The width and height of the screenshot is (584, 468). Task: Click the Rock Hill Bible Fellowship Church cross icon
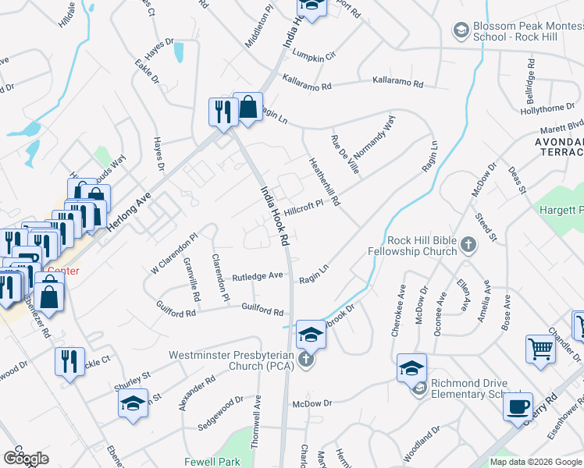468,245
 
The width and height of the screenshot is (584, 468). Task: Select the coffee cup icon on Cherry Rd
517,407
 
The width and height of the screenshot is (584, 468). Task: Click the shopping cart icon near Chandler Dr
540,349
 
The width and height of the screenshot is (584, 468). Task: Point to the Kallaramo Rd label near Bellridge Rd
397,83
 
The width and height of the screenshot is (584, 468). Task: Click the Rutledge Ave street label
257,276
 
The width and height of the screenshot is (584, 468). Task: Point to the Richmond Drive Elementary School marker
420,388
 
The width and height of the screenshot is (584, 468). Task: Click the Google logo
27,458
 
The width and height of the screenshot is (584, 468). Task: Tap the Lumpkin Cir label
314,55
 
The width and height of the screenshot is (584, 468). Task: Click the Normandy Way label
378,135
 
